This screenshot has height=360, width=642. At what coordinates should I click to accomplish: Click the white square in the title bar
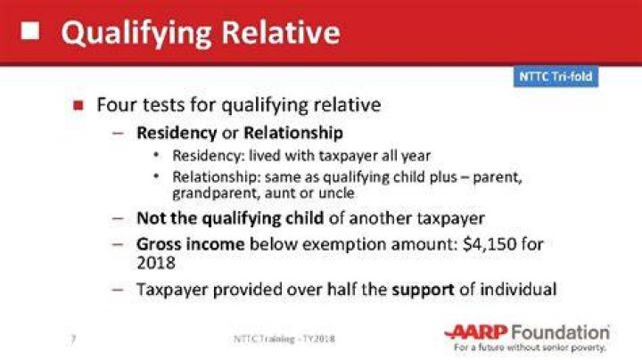click(x=30, y=30)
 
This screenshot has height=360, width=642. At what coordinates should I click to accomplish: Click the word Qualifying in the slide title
click(x=136, y=34)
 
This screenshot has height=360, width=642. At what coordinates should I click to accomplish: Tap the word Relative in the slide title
click(x=281, y=32)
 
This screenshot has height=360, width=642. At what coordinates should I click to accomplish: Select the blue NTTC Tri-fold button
click(x=556, y=77)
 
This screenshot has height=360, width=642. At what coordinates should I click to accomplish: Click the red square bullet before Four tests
click(x=78, y=105)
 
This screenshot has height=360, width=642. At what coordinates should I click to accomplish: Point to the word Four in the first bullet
click(x=115, y=105)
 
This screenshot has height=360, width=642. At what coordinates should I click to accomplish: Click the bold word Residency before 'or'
click(x=177, y=133)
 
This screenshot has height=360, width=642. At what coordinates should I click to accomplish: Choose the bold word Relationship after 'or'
click(x=293, y=133)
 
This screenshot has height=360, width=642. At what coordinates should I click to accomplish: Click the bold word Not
click(x=151, y=218)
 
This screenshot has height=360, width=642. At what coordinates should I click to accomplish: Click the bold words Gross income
click(x=191, y=244)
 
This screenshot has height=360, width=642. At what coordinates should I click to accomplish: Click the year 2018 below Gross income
click(x=156, y=263)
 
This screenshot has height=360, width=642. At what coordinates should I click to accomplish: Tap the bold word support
click(x=423, y=290)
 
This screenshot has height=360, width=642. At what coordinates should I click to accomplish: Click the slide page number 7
click(x=73, y=340)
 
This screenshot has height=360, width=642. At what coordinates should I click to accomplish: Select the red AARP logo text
click(x=476, y=331)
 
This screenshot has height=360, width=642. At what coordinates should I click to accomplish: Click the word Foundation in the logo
click(x=560, y=331)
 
